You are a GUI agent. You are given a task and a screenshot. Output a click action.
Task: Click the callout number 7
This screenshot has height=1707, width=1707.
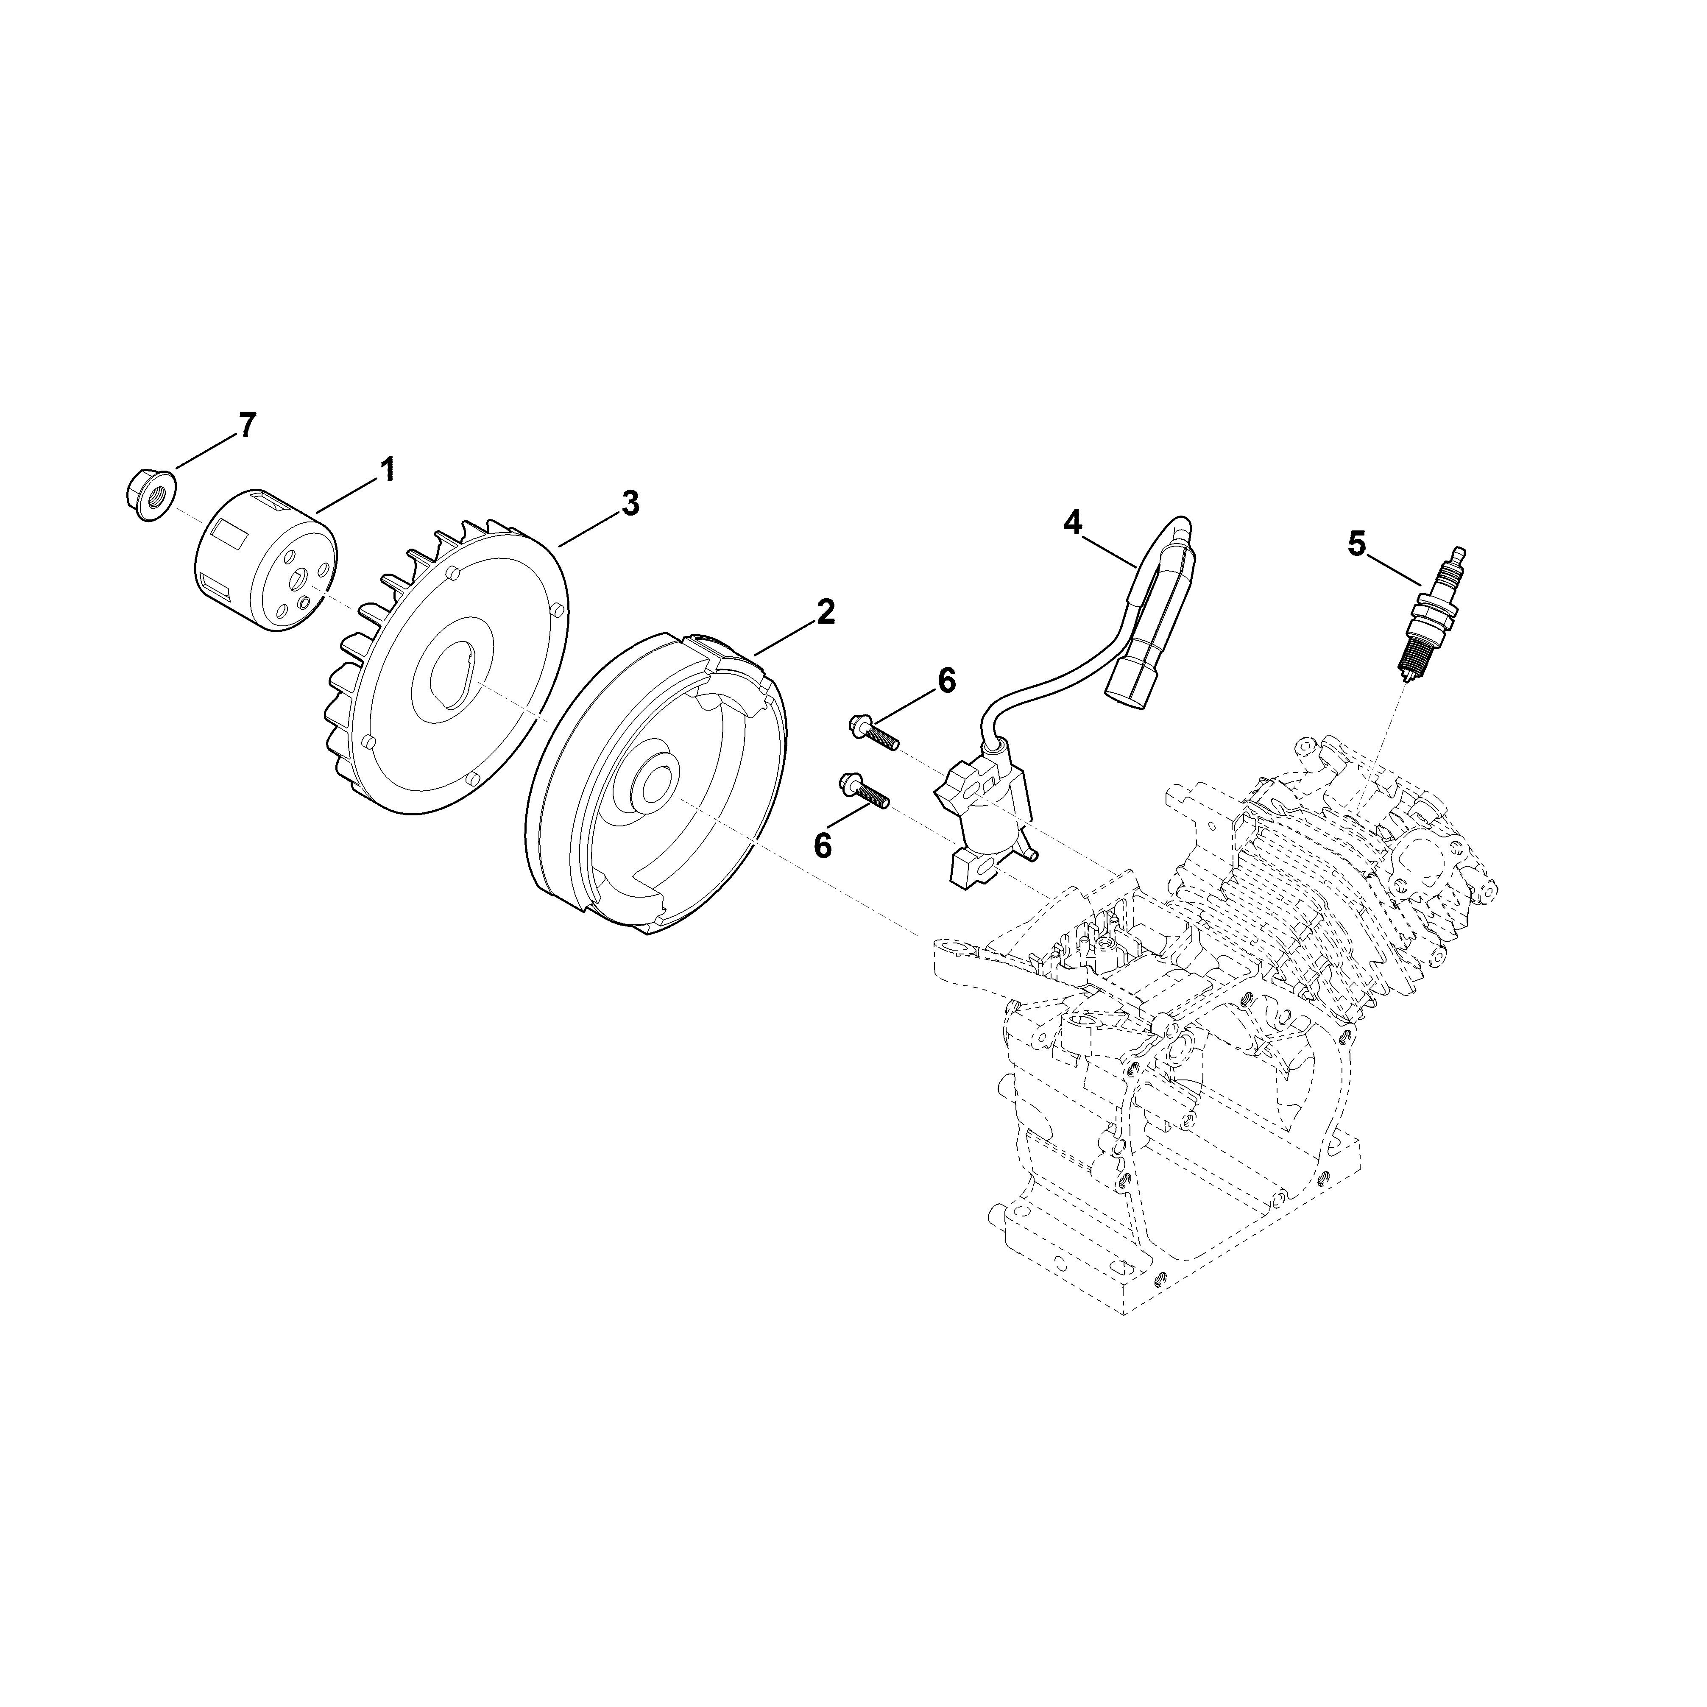[246, 425]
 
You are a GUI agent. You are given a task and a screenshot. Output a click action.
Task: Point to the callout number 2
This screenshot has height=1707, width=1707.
[825, 611]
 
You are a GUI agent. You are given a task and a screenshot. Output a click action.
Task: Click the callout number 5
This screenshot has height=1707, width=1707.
[1357, 542]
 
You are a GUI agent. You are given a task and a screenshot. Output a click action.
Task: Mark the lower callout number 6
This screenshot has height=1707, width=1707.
[823, 845]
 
